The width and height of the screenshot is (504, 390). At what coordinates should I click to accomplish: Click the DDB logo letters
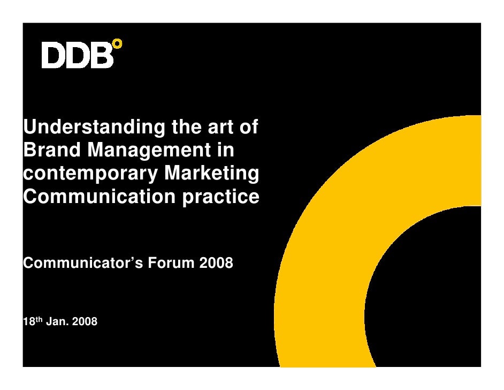tap(78, 56)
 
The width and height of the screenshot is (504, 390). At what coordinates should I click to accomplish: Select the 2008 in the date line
tap(83, 322)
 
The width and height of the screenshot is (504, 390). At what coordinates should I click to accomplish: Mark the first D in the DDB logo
tap(54, 56)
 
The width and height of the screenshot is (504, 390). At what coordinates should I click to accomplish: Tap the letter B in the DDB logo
tap(102, 56)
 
